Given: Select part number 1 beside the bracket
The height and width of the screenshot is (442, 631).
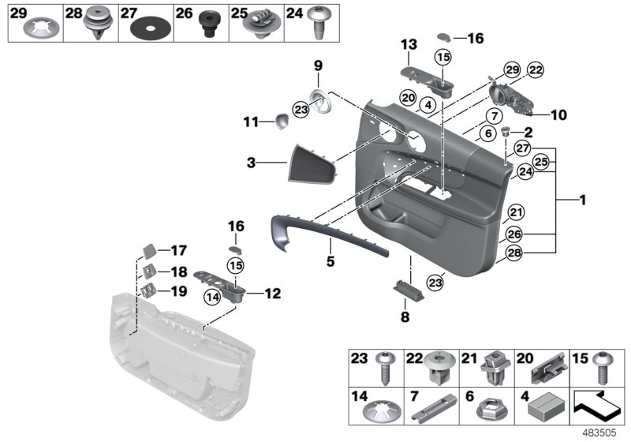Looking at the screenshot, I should click(x=583, y=200).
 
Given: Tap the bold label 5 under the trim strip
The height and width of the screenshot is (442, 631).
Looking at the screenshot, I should click(x=331, y=260).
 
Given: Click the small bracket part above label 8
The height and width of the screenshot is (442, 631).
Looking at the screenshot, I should click(x=408, y=287).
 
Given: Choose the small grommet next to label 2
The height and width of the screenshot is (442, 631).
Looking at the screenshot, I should click(x=507, y=132).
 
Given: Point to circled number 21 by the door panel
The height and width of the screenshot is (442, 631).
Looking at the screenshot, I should click(x=516, y=212).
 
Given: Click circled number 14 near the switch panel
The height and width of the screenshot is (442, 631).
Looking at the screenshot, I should click(x=211, y=297).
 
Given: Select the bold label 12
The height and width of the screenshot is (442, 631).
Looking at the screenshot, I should click(x=271, y=294).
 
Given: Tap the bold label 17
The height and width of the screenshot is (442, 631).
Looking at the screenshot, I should click(x=178, y=250).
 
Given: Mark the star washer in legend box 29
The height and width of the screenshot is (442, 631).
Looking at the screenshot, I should click(x=35, y=29).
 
